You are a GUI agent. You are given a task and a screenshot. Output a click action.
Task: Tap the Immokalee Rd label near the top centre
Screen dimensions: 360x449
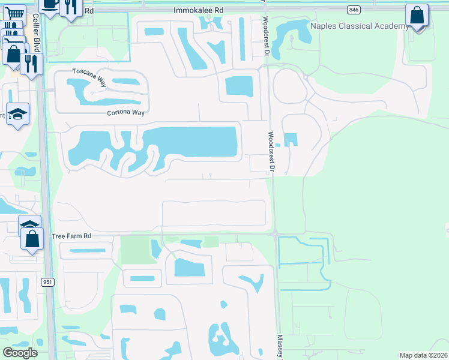[198, 10]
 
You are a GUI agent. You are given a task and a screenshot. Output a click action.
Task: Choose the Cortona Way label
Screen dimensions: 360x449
[127, 112]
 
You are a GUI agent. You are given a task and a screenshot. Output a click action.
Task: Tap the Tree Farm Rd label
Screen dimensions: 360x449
[71, 236]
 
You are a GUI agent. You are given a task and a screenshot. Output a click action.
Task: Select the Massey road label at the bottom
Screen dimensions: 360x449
[279, 347]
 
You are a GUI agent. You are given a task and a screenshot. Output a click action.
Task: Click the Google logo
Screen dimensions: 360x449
[20, 353]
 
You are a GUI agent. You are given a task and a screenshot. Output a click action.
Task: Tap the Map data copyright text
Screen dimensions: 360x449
[423, 355]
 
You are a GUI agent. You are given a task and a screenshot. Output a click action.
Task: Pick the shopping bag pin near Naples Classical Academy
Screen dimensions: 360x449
[417, 16]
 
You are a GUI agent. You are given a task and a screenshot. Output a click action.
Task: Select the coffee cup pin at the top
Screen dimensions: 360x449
[49, 6]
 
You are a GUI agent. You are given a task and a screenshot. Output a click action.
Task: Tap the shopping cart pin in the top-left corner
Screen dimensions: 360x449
[15, 13]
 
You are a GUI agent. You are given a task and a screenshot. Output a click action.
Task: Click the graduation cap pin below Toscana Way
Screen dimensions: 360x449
[18, 113]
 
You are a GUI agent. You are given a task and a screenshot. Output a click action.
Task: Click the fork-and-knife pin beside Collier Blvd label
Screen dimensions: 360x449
[31, 63]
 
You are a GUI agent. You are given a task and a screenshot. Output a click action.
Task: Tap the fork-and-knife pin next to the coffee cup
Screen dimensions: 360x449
[71, 7]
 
